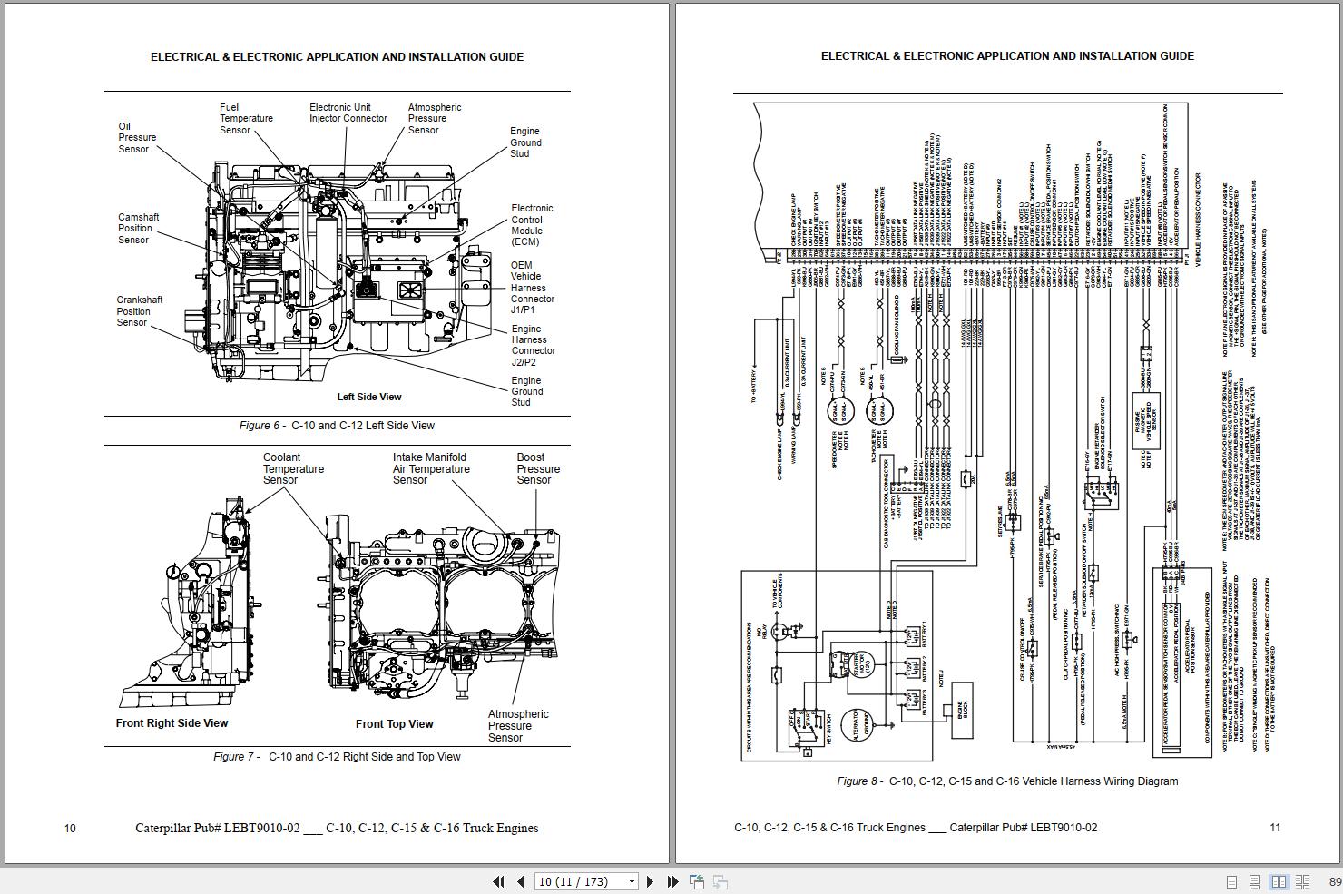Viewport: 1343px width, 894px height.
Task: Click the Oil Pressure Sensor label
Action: (x=137, y=138)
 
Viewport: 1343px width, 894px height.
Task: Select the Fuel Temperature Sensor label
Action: (x=245, y=119)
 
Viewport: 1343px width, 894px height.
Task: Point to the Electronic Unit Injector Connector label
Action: (x=348, y=113)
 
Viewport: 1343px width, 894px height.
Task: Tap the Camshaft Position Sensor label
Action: (x=138, y=229)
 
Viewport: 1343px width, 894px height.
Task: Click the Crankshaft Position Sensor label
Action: (x=139, y=311)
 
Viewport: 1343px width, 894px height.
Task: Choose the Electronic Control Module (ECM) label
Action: (x=532, y=225)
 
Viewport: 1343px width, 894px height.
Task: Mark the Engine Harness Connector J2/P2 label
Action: (x=533, y=346)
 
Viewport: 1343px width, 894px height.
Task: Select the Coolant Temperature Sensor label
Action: (x=293, y=469)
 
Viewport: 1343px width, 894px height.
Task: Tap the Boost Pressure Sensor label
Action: (x=538, y=469)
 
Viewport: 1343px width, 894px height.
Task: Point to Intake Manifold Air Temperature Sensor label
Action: (x=431, y=469)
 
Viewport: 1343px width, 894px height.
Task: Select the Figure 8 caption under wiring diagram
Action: (x=1007, y=781)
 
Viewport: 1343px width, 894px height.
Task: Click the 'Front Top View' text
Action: (x=394, y=724)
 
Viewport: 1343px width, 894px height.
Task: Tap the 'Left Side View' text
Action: (x=368, y=397)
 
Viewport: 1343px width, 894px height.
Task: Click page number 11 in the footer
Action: (x=1275, y=828)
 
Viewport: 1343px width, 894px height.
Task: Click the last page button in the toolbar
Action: (x=672, y=881)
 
